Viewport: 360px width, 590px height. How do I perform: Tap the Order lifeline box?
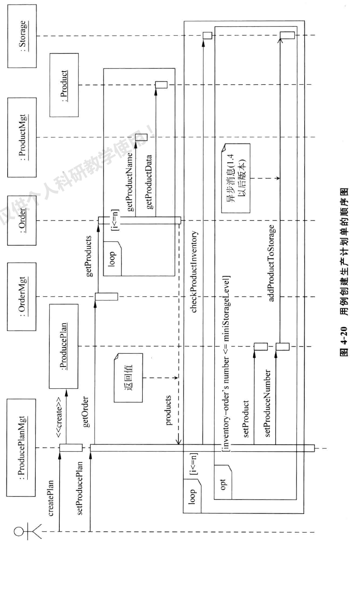click(x=22, y=221)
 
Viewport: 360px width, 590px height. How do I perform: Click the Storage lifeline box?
click(x=22, y=36)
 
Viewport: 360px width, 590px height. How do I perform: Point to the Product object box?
click(x=64, y=85)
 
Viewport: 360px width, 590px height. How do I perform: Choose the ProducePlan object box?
click(x=64, y=346)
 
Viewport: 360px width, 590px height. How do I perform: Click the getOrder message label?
click(x=86, y=411)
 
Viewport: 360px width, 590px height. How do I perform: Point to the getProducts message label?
click(x=89, y=256)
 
